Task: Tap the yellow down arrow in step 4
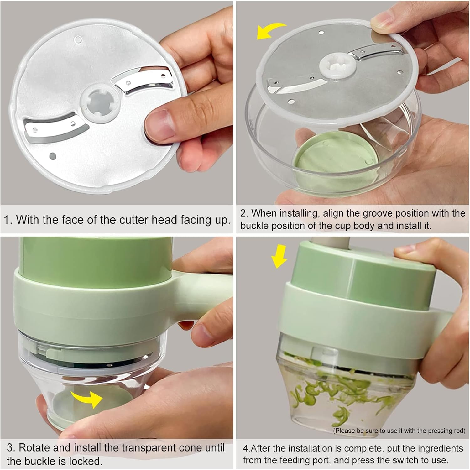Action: tap(279, 257)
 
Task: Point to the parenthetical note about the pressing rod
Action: tap(399, 431)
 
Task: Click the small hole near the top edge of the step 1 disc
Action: tap(78, 39)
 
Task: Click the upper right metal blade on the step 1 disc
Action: tap(143, 80)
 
